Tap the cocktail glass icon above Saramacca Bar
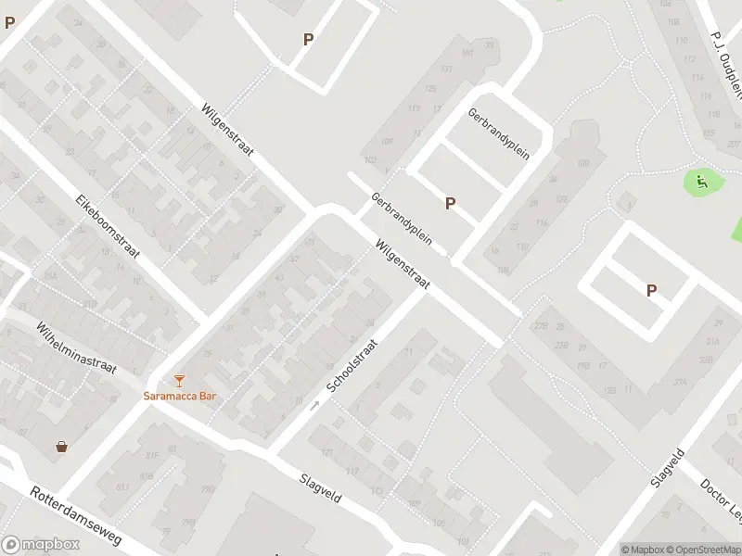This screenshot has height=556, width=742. point(179,380)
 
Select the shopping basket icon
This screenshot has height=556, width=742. point(61,447)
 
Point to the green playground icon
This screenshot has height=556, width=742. point(701,182)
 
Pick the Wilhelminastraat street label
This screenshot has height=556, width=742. point(76,347)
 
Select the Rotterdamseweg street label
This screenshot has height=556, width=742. point(83,521)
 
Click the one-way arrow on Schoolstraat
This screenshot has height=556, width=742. point(314,405)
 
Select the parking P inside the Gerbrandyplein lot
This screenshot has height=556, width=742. point(451,203)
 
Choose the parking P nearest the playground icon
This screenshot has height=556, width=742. point(651,290)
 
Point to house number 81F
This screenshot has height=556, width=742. point(150,455)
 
